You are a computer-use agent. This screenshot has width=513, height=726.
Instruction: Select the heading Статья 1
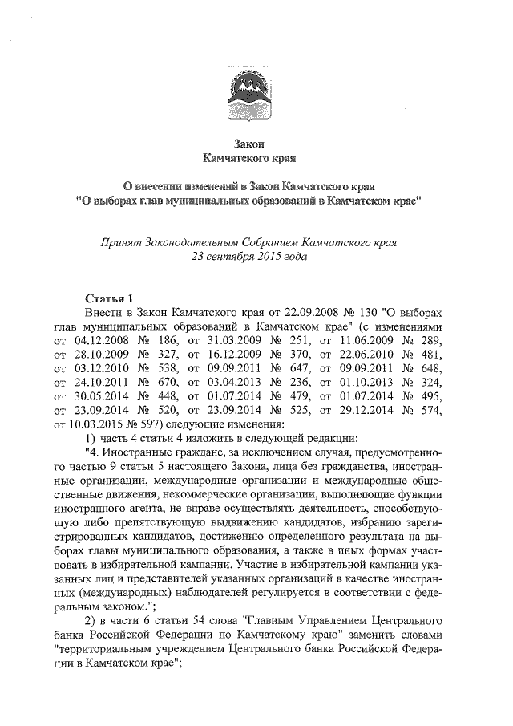pos(114,298)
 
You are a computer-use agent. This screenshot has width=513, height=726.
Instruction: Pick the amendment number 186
pos(160,343)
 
